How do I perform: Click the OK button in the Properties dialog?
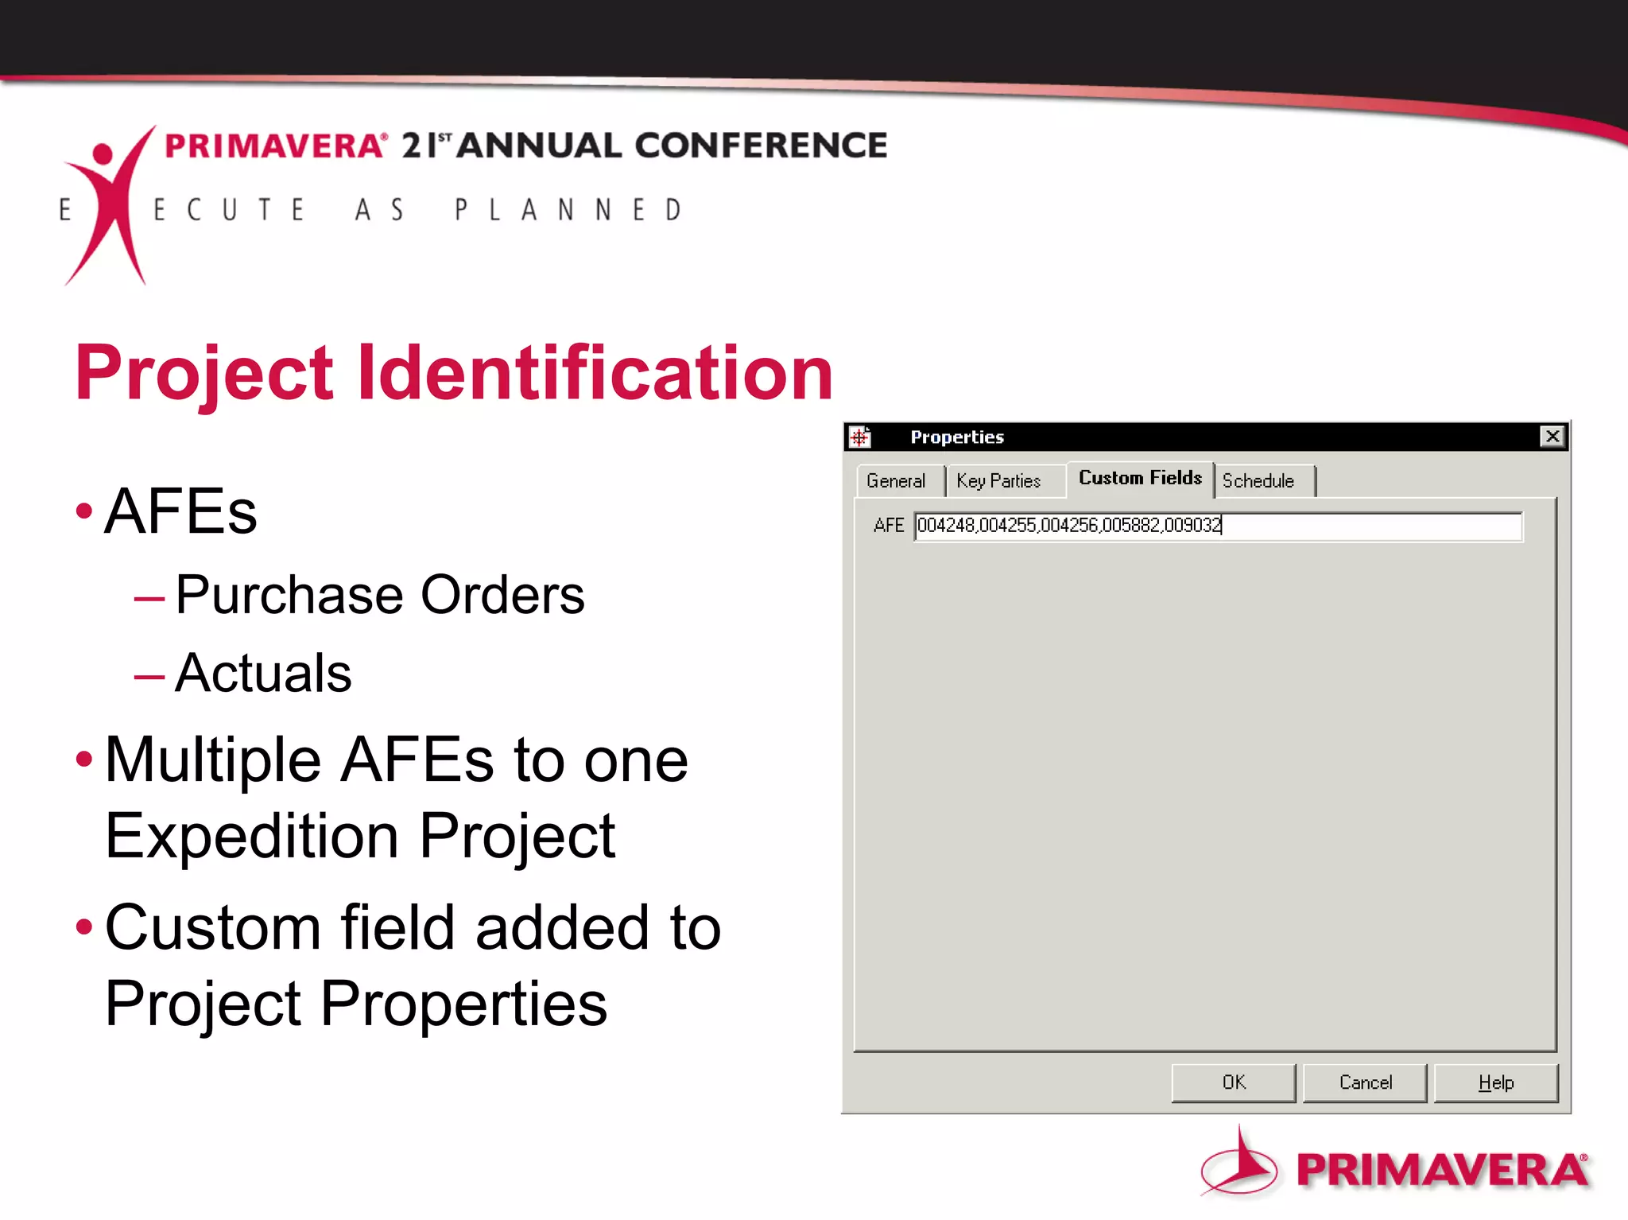click(1233, 1082)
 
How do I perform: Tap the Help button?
click(1495, 1082)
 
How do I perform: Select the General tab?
click(896, 481)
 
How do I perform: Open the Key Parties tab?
click(998, 481)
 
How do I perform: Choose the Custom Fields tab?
click(1140, 478)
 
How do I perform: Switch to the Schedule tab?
click(1258, 481)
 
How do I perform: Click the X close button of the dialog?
click(1552, 437)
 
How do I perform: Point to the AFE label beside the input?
click(888, 526)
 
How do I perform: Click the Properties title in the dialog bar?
click(957, 437)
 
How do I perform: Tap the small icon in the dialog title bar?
click(860, 437)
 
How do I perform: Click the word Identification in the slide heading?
click(595, 372)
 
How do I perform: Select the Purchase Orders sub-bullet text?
click(380, 595)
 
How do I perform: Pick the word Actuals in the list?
click(263, 673)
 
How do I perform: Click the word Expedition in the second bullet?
click(252, 836)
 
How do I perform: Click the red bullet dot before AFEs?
click(83, 511)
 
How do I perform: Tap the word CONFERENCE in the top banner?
click(761, 146)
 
